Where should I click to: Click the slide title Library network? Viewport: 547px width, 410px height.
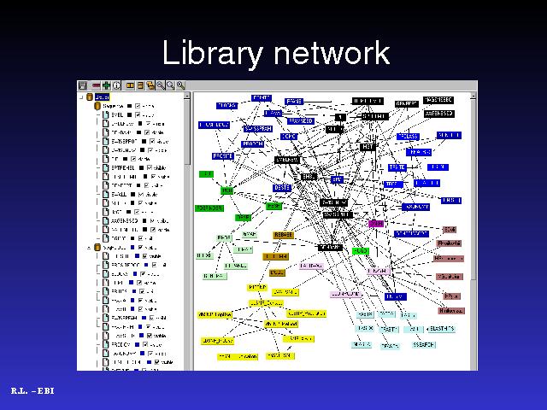[275, 53]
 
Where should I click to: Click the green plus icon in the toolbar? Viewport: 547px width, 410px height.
[106, 85]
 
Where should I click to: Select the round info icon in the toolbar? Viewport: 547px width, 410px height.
[116, 85]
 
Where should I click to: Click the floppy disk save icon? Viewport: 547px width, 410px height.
[84, 85]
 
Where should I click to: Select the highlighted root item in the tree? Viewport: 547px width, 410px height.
[101, 97]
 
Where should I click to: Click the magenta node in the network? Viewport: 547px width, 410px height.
[376, 223]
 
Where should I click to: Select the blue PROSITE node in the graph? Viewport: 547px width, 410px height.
[223, 156]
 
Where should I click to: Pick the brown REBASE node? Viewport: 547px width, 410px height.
[283, 234]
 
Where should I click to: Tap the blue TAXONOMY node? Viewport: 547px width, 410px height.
[416, 207]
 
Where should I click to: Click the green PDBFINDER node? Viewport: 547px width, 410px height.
[209, 208]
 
